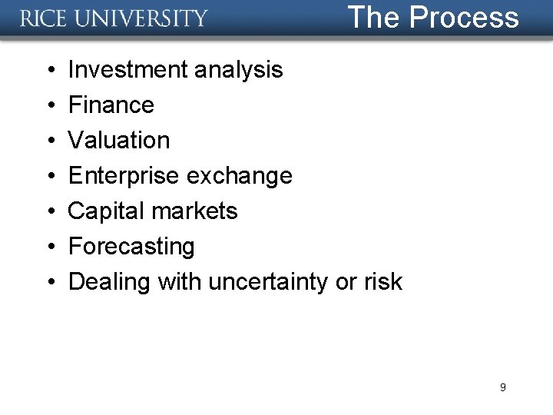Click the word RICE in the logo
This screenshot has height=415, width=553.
[47, 18]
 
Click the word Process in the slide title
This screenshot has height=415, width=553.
[464, 17]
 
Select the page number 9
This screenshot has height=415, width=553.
[502, 387]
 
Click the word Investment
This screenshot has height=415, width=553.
[127, 70]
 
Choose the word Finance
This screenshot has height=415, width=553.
[111, 105]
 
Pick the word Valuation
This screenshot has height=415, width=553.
[119, 141]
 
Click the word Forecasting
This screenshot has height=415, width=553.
[131, 247]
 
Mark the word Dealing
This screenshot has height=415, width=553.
[110, 282]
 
